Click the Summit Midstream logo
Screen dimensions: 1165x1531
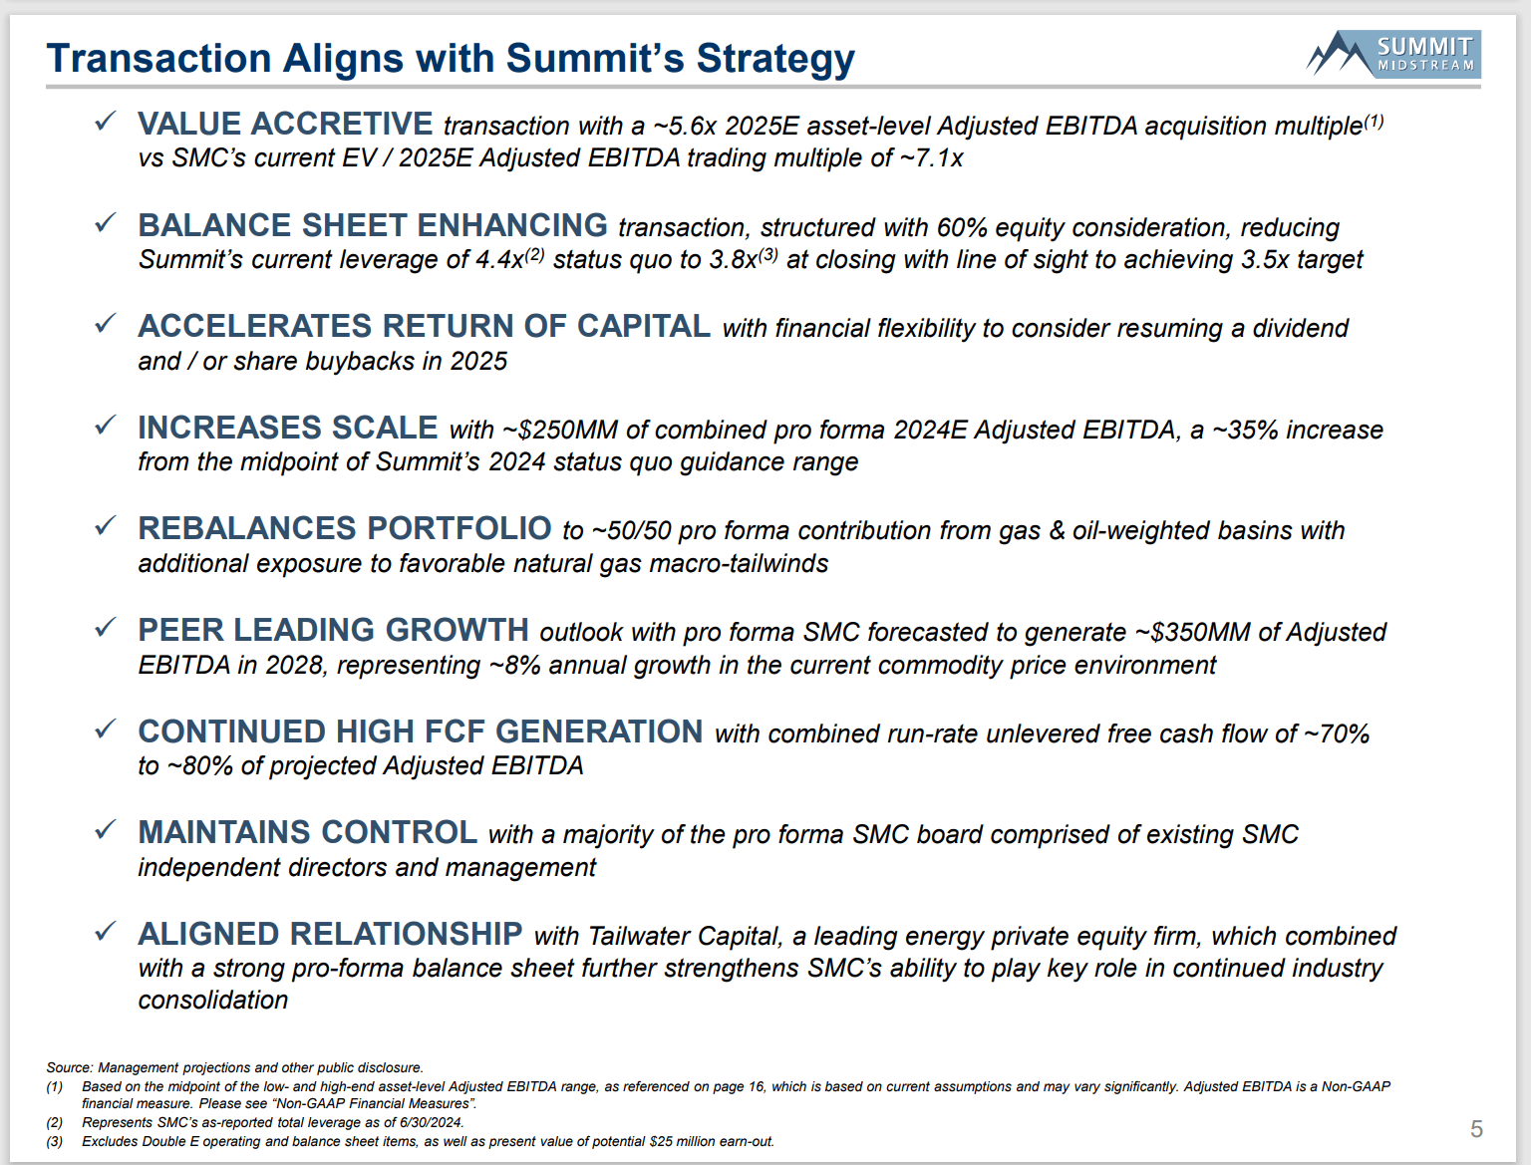[1392, 54]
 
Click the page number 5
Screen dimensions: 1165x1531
[1476, 1129]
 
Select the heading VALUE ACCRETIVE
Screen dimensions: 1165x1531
[285, 124]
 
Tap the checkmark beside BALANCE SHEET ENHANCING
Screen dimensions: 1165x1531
[105, 223]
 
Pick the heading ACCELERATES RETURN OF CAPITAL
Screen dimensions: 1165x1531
[424, 326]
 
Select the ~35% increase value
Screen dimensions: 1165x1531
[1245, 431]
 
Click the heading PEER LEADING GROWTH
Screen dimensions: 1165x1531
[333, 630]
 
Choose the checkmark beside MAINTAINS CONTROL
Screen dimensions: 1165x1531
[105, 830]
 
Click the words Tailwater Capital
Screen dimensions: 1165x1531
[684, 937]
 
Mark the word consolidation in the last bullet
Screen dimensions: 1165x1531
[213, 1001]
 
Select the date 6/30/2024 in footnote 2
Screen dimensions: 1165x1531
[431, 1123]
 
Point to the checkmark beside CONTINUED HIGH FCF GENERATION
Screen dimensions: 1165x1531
[105, 729]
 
